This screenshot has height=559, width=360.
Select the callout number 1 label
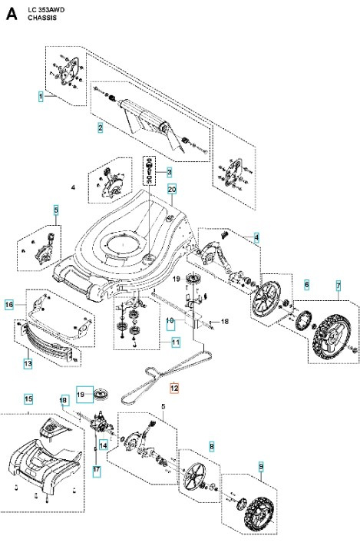[41, 97]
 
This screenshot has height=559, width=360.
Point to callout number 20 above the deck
[172, 189]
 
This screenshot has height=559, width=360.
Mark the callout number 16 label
[9, 305]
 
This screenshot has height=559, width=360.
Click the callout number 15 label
[28, 399]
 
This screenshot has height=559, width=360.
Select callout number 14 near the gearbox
[103, 444]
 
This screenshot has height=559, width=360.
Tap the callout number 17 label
[97, 468]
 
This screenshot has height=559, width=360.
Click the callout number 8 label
[212, 445]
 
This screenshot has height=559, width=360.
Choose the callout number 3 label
[169, 172]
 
